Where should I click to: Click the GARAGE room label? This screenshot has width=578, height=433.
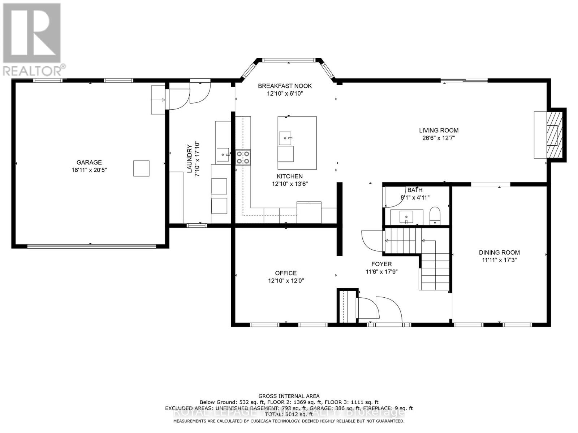pyautogui.click(x=89, y=162)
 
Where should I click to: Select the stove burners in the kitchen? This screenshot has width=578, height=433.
pyautogui.click(x=243, y=158)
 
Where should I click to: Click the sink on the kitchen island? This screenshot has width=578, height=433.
pyautogui.click(x=285, y=138)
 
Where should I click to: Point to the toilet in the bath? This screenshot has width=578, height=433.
pyautogui.click(x=435, y=216)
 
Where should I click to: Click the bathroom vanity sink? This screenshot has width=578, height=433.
pyautogui.click(x=406, y=217)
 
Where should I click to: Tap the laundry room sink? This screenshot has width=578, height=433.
pyautogui.click(x=223, y=155)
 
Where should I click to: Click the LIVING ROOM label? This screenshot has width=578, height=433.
pyautogui.click(x=439, y=130)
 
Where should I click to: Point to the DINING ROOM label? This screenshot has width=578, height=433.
pyautogui.click(x=499, y=253)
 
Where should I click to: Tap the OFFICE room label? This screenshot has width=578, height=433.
pyautogui.click(x=286, y=273)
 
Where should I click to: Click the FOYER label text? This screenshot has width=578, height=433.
pyautogui.click(x=381, y=264)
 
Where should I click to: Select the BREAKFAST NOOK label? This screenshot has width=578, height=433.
pyautogui.click(x=285, y=86)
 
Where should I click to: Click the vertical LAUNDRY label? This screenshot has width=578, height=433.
pyautogui.click(x=189, y=159)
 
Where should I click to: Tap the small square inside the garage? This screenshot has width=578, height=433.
pyautogui.click(x=141, y=169)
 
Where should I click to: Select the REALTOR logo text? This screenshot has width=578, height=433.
pyautogui.click(x=35, y=69)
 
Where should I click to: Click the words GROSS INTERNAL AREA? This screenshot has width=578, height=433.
pyautogui.click(x=289, y=396)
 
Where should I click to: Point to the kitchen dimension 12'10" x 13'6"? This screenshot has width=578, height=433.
pyautogui.click(x=290, y=184)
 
